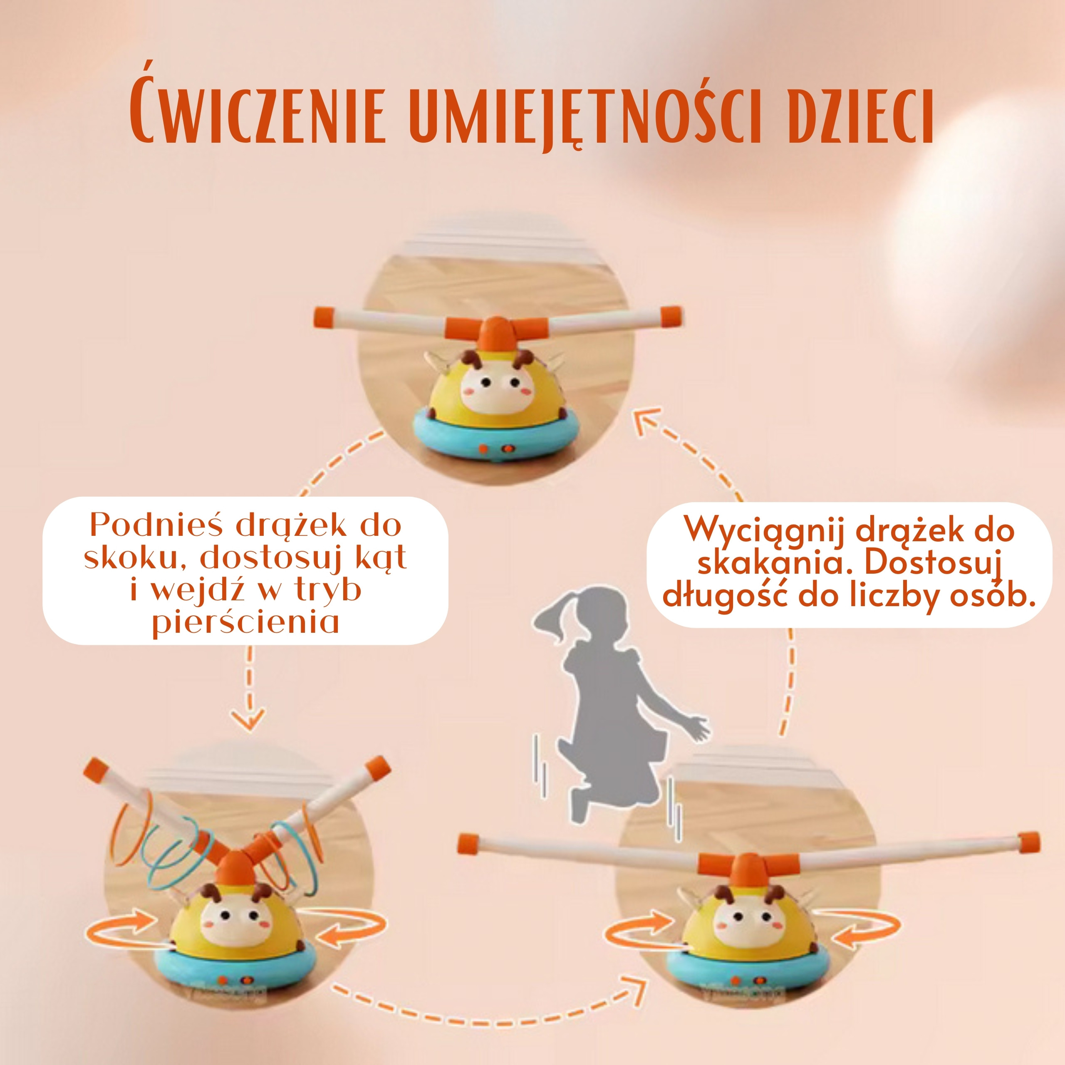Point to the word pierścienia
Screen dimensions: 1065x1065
tap(246, 623)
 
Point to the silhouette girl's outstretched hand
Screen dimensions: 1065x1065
tap(697, 728)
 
